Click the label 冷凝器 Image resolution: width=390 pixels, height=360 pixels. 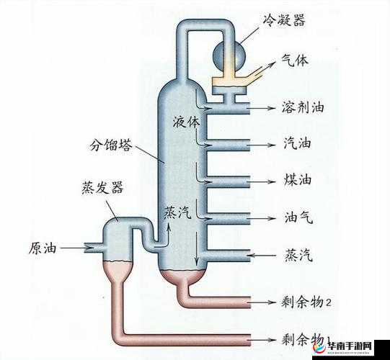(283, 19)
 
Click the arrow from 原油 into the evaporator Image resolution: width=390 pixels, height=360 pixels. (73, 248)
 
